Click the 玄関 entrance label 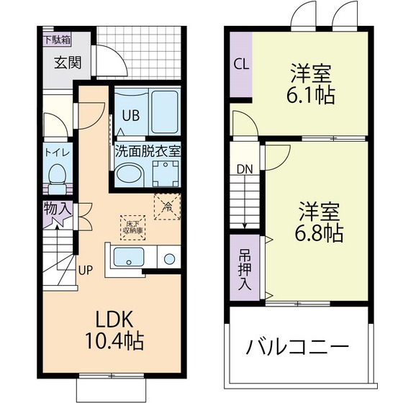coord(68,63)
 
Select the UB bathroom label coord(130,115)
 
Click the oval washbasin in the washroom coord(130,174)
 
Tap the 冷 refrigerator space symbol coord(166,206)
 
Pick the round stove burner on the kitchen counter coord(171,258)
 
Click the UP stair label coord(85,271)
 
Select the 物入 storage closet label coord(58,209)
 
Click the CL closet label coord(241,63)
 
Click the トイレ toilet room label coord(55,153)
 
